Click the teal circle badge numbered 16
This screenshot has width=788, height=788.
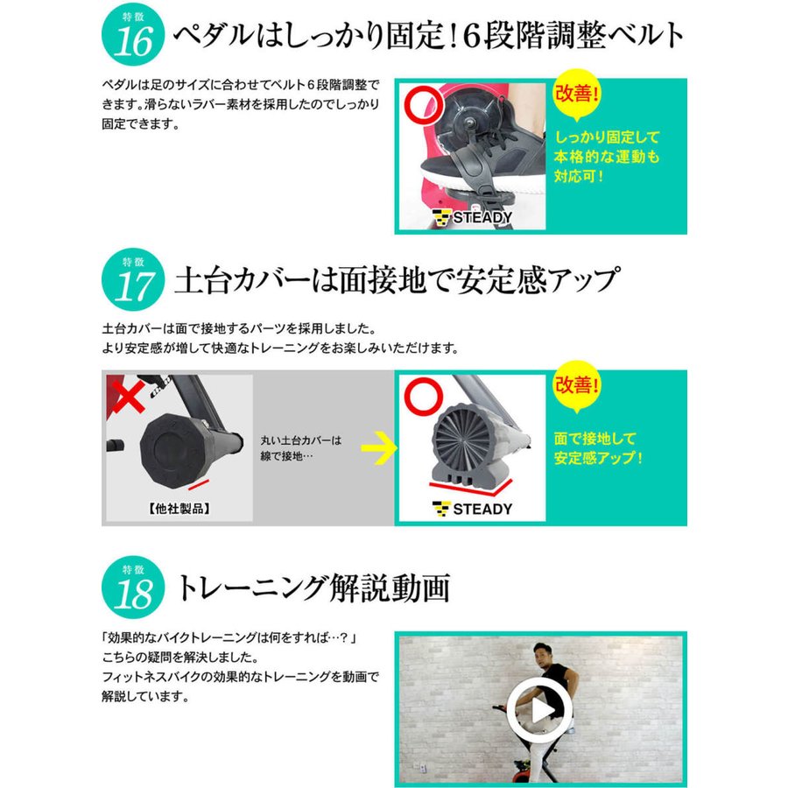point(133,34)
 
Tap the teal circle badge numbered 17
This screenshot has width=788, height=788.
point(133,279)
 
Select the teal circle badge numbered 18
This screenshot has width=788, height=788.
point(133,587)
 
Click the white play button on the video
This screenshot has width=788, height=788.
point(539,710)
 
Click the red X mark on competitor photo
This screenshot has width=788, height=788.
point(127,395)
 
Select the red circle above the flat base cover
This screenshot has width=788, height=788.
point(424,397)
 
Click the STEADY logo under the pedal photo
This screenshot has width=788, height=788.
point(472,218)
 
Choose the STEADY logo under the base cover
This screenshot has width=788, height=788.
point(472,509)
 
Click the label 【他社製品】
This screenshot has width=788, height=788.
point(179,509)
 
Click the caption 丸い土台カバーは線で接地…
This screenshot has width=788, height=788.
point(300,447)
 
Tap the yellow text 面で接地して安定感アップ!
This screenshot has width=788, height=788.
point(598,447)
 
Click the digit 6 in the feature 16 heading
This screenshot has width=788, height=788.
point(472,36)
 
